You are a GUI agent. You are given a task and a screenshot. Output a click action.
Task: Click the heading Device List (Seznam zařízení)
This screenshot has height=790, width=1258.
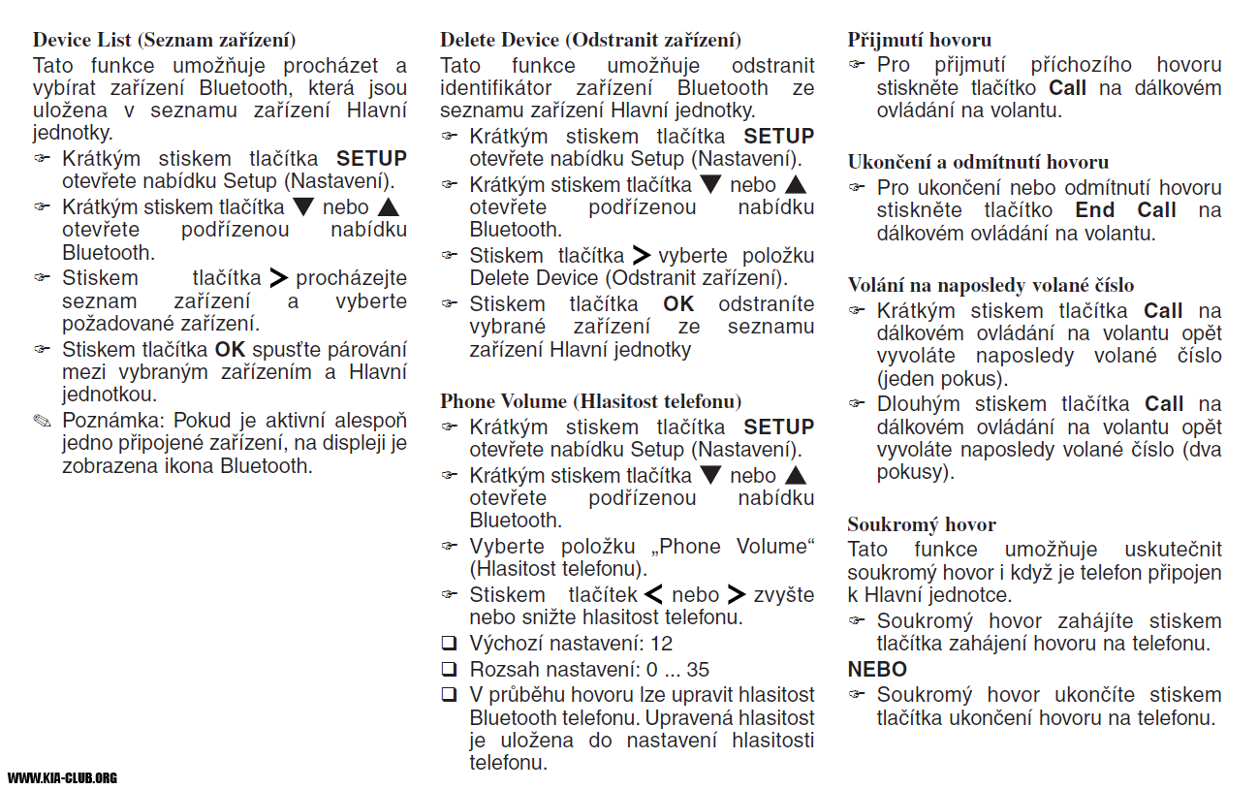coord(164,41)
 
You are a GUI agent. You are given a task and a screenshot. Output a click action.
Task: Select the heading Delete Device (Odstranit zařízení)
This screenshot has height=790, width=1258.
coord(590,41)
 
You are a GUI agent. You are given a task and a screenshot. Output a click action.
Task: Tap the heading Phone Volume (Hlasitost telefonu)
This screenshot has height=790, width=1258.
coord(590,401)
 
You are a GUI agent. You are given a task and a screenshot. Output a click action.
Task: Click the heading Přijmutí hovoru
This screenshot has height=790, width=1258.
coord(919,41)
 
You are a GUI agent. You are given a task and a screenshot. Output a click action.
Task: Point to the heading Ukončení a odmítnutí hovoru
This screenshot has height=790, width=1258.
coord(978,162)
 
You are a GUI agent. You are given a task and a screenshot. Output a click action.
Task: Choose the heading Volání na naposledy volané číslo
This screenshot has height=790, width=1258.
coord(991,285)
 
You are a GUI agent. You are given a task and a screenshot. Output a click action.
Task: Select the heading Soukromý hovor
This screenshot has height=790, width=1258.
coord(922,524)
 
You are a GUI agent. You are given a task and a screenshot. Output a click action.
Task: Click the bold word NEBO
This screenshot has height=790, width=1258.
coord(877,670)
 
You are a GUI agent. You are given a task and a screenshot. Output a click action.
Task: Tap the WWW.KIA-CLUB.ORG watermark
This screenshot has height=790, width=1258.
coord(62,777)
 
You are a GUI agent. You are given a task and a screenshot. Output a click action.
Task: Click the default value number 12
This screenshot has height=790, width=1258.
coord(661,644)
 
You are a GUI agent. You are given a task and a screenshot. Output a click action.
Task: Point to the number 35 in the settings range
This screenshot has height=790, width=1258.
coord(698,669)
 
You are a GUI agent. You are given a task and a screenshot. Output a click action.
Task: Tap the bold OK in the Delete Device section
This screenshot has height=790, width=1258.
coord(678,304)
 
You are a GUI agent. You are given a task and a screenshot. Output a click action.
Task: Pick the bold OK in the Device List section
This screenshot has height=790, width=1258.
coord(231,349)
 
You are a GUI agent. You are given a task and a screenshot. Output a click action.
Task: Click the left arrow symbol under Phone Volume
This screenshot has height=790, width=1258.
coord(654,594)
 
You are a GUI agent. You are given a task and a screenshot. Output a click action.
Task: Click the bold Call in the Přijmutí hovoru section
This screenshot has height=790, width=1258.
coord(1068,88)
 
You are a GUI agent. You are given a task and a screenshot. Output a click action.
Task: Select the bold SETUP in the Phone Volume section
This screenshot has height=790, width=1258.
coord(778,427)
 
